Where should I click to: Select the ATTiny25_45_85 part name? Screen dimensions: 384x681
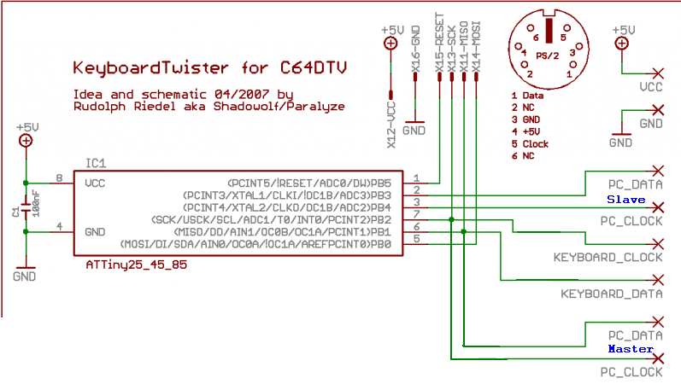click(136, 265)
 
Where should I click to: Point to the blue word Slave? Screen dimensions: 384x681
click(625, 199)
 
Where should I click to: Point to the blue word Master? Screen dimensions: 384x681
click(630, 349)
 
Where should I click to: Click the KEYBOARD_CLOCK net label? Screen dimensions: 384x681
click(608, 258)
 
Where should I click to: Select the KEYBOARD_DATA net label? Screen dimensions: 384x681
click(611, 294)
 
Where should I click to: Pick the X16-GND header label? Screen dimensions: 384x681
click(415, 50)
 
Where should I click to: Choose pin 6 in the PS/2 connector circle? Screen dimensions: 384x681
click(534, 38)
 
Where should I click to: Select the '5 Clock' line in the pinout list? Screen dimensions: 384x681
click(530, 144)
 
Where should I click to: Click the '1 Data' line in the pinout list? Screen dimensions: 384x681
click(527, 96)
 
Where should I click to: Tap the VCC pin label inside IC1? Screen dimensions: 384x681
click(95, 183)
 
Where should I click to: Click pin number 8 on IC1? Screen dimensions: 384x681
click(59, 178)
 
